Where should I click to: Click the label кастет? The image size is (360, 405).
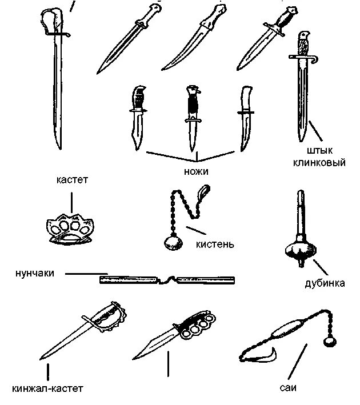[71, 181]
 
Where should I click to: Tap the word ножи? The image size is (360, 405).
[196, 171]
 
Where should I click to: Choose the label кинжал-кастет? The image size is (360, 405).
[47, 390]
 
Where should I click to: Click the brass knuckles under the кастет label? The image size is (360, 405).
[70, 227]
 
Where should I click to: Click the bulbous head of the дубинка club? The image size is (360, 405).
[299, 249]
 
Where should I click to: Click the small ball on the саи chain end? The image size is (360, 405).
[330, 342]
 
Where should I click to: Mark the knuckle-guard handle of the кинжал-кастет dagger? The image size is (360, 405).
[109, 318]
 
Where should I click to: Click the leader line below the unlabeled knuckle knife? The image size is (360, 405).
[168, 364]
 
